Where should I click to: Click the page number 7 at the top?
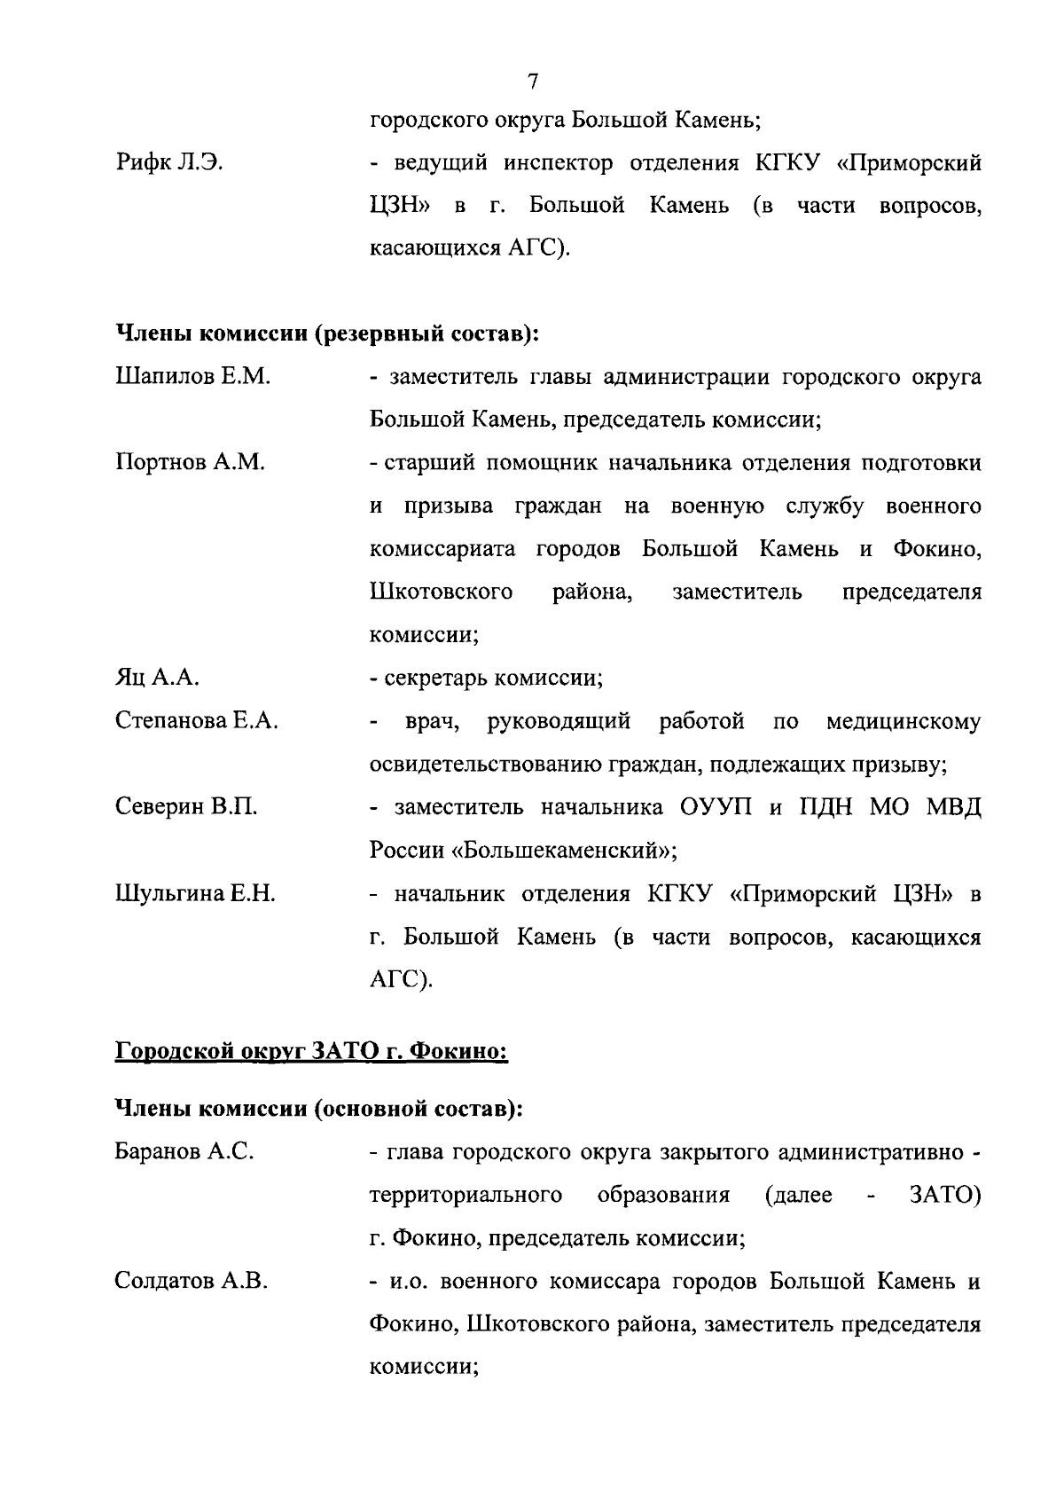532,82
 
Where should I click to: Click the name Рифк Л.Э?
168,163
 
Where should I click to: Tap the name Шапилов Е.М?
192,377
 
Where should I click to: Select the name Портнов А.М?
190,463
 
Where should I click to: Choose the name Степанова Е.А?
196,721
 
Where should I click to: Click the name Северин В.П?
186,807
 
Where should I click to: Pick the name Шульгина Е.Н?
195,893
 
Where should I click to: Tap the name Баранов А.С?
184,1152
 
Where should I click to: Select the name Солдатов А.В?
192,1282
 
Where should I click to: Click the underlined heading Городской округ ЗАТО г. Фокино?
311,1052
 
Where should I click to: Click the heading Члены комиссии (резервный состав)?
328,334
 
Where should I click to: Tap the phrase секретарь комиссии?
493,679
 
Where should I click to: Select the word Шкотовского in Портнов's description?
441,593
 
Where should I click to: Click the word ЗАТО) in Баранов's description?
944,1196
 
